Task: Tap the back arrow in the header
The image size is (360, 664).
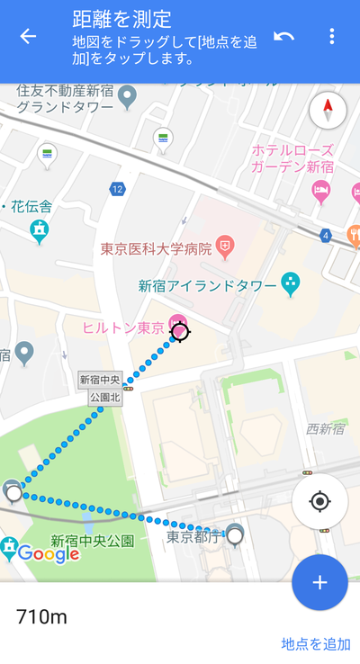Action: (x=28, y=36)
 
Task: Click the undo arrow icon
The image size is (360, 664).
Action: (x=284, y=36)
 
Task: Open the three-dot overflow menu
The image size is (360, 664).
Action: (x=332, y=36)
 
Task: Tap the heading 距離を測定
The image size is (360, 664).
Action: (x=122, y=19)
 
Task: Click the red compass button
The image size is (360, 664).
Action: (x=328, y=112)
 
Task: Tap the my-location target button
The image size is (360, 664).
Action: (x=319, y=501)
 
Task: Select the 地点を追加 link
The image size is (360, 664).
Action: (x=316, y=643)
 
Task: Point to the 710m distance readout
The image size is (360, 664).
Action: (x=41, y=617)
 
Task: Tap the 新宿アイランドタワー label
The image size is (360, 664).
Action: (x=207, y=286)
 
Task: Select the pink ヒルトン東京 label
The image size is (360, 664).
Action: (x=124, y=328)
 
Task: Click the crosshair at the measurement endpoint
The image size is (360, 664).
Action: (x=180, y=333)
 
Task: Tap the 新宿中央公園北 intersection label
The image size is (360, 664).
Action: (x=99, y=388)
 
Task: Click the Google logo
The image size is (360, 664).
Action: (x=49, y=554)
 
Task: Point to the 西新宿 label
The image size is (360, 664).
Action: (x=325, y=429)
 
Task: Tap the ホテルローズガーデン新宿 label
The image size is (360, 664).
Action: (x=292, y=158)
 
